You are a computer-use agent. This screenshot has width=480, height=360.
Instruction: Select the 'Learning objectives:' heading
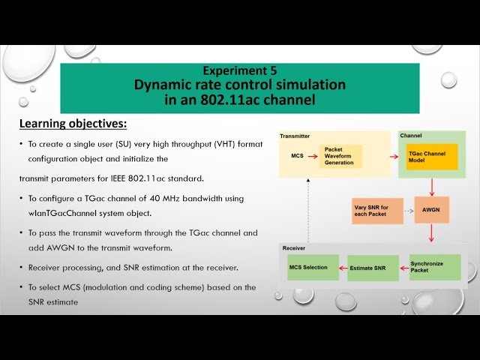click(72, 123)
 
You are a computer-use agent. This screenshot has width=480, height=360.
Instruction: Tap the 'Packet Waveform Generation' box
click(340, 156)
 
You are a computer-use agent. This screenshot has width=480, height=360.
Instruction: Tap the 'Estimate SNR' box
click(373, 268)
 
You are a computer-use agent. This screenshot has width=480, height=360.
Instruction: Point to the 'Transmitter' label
click(295, 136)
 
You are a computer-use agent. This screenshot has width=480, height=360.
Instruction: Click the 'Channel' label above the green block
click(411, 136)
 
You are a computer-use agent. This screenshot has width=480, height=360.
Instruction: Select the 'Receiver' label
click(293, 247)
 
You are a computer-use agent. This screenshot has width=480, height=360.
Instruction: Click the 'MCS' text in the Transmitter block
click(297, 156)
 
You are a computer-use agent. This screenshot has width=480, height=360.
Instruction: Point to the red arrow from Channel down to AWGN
click(431, 187)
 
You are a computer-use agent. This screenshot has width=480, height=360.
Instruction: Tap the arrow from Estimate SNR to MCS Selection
click(340, 268)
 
